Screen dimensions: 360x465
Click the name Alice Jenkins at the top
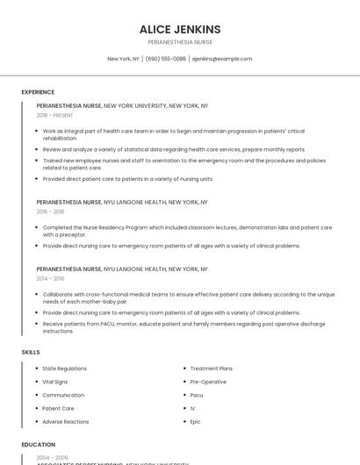(x=180, y=29)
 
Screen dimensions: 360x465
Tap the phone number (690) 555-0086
(x=166, y=59)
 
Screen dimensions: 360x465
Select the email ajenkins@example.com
(x=222, y=59)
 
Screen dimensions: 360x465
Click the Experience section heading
(x=38, y=91)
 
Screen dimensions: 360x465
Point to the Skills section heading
(x=31, y=352)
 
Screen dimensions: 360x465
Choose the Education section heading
(x=39, y=445)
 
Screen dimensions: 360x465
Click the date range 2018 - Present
(x=55, y=115)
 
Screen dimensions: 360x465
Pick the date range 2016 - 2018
(x=50, y=211)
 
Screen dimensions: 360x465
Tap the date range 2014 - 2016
(x=50, y=278)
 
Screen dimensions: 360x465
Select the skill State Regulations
(x=64, y=368)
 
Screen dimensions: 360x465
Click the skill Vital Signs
(x=55, y=382)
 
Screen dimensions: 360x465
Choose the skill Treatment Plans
(x=211, y=368)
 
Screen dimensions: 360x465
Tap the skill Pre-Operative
(x=208, y=382)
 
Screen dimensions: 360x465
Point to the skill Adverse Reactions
(x=66, y=422)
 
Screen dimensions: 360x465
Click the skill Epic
(x=196, y=422)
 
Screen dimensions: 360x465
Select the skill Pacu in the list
(x=197, y=395)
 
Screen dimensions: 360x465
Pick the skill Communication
(x=63, y=395)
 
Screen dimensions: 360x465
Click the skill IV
(x=192, y=408)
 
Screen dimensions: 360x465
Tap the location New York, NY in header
(x=123, y=59)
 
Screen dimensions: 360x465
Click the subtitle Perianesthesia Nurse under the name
(x=180, y=42)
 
